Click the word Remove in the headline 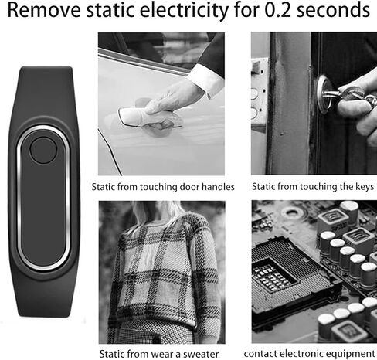42,12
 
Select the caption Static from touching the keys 313,187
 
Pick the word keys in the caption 362,187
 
